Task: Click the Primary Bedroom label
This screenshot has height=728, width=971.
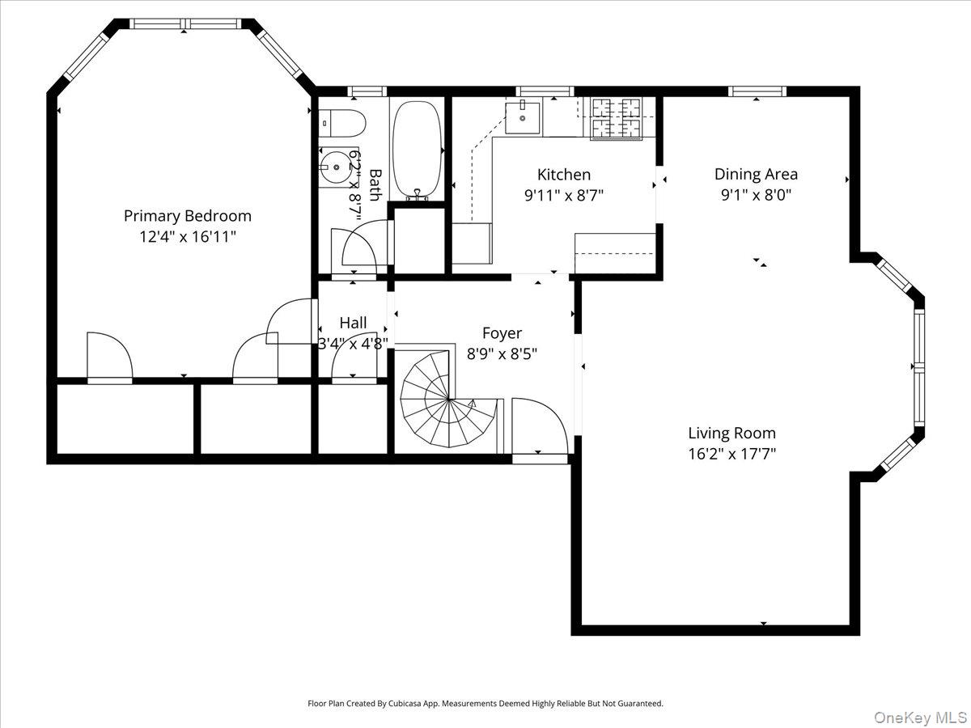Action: (187, 216)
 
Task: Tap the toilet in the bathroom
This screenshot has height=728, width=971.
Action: (343, 123)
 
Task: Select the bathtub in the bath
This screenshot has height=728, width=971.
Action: (417, 150)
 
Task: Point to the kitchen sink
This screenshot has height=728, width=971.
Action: (524, 116)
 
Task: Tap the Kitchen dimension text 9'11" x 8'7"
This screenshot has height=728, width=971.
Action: (564, 195)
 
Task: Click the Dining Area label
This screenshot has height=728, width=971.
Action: (756, 174)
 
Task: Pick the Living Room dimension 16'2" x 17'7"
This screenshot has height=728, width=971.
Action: (731, 454)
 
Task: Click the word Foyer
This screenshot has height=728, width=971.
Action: (502, 333)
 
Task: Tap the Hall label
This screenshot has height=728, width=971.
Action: (353, 324)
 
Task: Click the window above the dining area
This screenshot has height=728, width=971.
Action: (757, 91)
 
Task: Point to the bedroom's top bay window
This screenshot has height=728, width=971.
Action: (185, 23)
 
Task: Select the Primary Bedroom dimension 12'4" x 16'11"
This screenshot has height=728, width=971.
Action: (187, 237)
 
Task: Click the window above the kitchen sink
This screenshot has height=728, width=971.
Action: (544, 91)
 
